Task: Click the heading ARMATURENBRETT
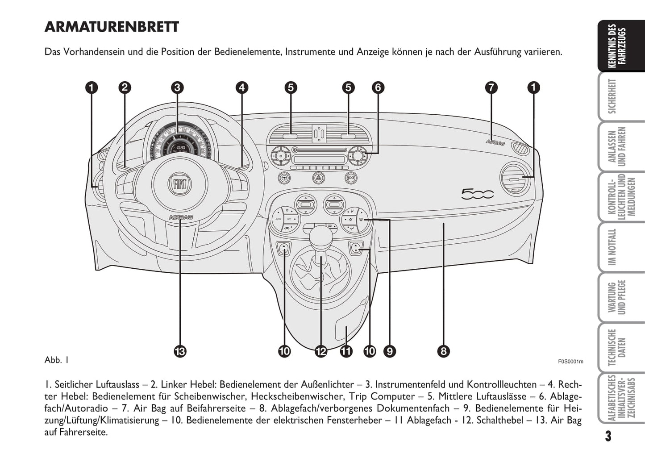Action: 112,27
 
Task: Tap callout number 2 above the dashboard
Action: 125,87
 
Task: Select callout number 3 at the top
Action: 177,87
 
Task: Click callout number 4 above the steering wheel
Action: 241,87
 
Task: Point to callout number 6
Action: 378,87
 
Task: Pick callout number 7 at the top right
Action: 491,87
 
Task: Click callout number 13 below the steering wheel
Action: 180,351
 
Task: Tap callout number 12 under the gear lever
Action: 320,351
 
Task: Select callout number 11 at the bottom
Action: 346,351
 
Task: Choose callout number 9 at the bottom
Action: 390,351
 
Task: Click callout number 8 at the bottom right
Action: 443,351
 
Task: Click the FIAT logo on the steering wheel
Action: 180,183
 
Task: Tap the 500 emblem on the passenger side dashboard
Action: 477,194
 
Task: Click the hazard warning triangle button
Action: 318,178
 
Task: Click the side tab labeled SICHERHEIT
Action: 617,96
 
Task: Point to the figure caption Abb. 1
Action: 56,360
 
